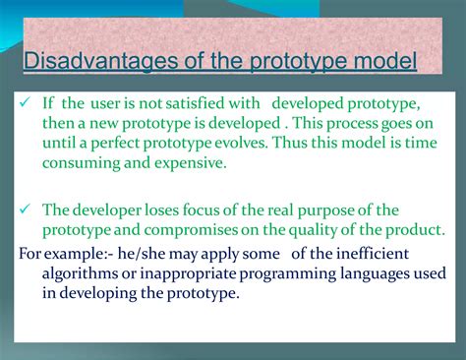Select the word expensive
click(x=184, y=163)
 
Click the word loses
click(x=172, y=210)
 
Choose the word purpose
click(x=343, y=210)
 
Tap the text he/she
click(x=127, y=253)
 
